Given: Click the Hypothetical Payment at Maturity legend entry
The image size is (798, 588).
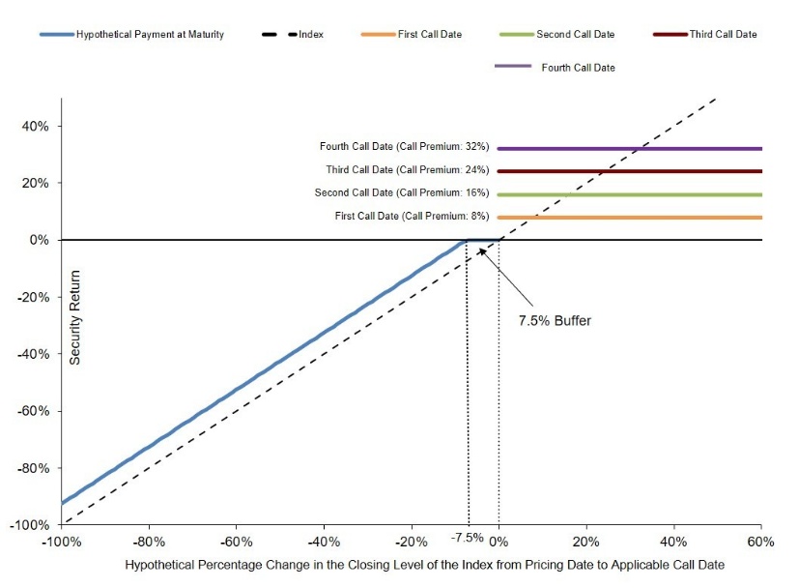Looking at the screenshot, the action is click(x=131, y=34).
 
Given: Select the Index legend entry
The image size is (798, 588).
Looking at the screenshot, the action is click(x=293, y=34).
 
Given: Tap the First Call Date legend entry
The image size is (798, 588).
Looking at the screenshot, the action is click(x=412, y=34).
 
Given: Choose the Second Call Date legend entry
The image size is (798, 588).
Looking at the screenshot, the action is click(x=556, y=34).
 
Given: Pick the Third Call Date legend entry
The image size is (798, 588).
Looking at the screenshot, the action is click(x=705, y=34).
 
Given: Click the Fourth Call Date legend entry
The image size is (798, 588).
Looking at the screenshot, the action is click(x=555, y=68).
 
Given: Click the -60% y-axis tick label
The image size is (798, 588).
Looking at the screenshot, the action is click(x=34, y=411).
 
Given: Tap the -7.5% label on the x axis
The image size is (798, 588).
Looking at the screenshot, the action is click(x=468, y=538).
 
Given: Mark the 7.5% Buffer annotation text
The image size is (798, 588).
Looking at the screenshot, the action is click(x=555, y=320).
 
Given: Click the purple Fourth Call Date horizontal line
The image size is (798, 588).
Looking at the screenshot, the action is click(x=630, y=149).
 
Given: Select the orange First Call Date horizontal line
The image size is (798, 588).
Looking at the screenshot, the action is click(x=630, y=218).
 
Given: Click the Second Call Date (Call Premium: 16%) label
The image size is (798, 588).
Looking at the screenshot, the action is click(x=402, y=192).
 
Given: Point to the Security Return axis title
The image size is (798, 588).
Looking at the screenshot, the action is click(x=74, y=317).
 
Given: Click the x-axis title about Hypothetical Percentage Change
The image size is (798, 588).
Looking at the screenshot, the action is click(x=425, y=565).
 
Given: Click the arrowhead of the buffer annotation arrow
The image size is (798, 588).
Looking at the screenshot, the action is click(x=480, y=250).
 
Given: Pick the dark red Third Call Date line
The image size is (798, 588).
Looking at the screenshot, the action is click(x=630, y=171).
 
